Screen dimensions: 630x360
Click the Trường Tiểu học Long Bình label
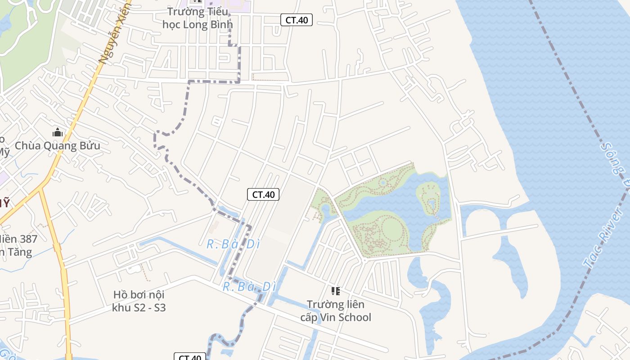198,18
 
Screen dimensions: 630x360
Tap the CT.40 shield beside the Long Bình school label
297,20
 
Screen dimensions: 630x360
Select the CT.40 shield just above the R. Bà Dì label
263,194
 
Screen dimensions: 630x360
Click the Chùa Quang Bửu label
58,146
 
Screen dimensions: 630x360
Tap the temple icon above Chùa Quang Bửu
58,132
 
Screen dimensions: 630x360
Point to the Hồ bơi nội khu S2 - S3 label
139,301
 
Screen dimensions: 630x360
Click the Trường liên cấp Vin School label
336,310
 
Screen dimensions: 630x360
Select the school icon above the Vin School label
336,291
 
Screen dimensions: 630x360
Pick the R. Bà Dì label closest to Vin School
249,286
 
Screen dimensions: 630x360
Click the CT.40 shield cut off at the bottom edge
190,357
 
